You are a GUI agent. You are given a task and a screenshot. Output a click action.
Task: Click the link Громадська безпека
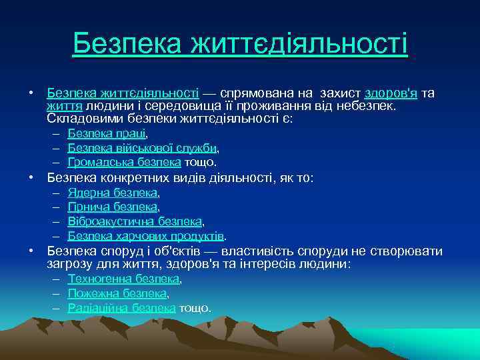124,162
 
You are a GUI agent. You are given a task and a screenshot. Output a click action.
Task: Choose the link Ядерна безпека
113,193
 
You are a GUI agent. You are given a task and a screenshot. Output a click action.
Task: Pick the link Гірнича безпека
113,207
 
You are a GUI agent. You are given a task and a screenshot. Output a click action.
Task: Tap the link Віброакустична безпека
135,221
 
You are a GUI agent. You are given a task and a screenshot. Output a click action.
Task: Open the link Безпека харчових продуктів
145,236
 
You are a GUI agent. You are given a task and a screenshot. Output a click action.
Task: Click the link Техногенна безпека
123,279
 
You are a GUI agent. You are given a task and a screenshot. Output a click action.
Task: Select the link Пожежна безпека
117,293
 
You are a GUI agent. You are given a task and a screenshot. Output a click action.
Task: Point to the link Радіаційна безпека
121,308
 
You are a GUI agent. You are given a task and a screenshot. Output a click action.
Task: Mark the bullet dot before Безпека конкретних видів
31,178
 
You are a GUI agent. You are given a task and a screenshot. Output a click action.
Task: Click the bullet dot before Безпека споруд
31,251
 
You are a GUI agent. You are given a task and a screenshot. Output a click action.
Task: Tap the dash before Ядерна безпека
54,193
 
